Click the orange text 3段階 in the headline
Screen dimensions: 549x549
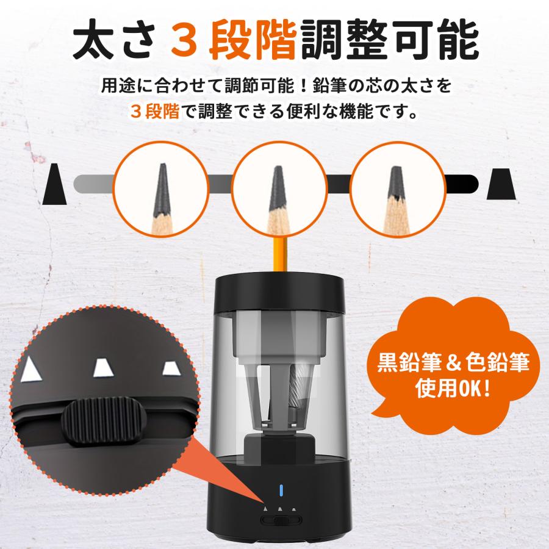(234, 41)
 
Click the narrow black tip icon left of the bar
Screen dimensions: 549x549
(55, 184)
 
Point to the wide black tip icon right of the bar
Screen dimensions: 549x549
(501, 184)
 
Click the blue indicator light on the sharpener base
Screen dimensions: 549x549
(281, 490)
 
